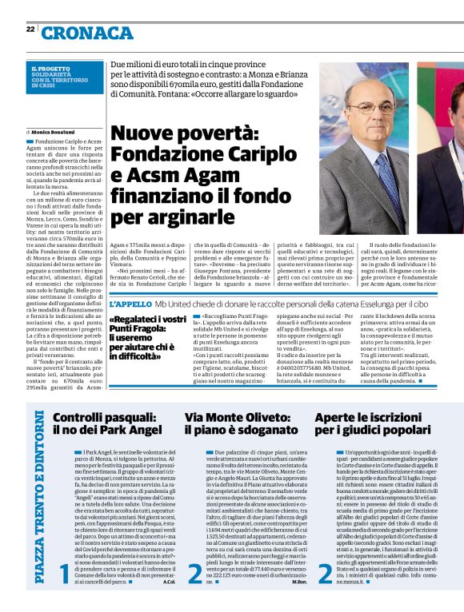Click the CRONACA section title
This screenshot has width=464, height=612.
pyautogui.click(x=88, y=33)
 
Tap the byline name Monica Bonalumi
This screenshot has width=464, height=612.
pyautogui.click(x=53, y=130)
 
